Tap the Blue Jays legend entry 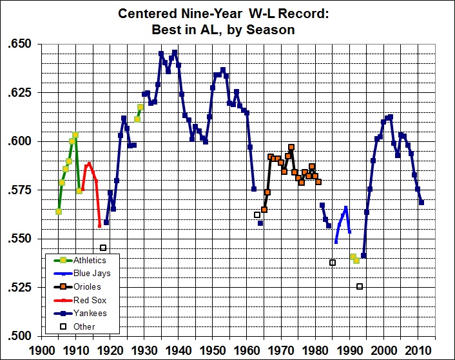point(89,274)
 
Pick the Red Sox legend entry point(86,300)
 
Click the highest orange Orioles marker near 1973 point(291,147)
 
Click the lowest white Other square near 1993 point(360,286)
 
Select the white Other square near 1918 point(103,248)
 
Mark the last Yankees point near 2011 point(421,202)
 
